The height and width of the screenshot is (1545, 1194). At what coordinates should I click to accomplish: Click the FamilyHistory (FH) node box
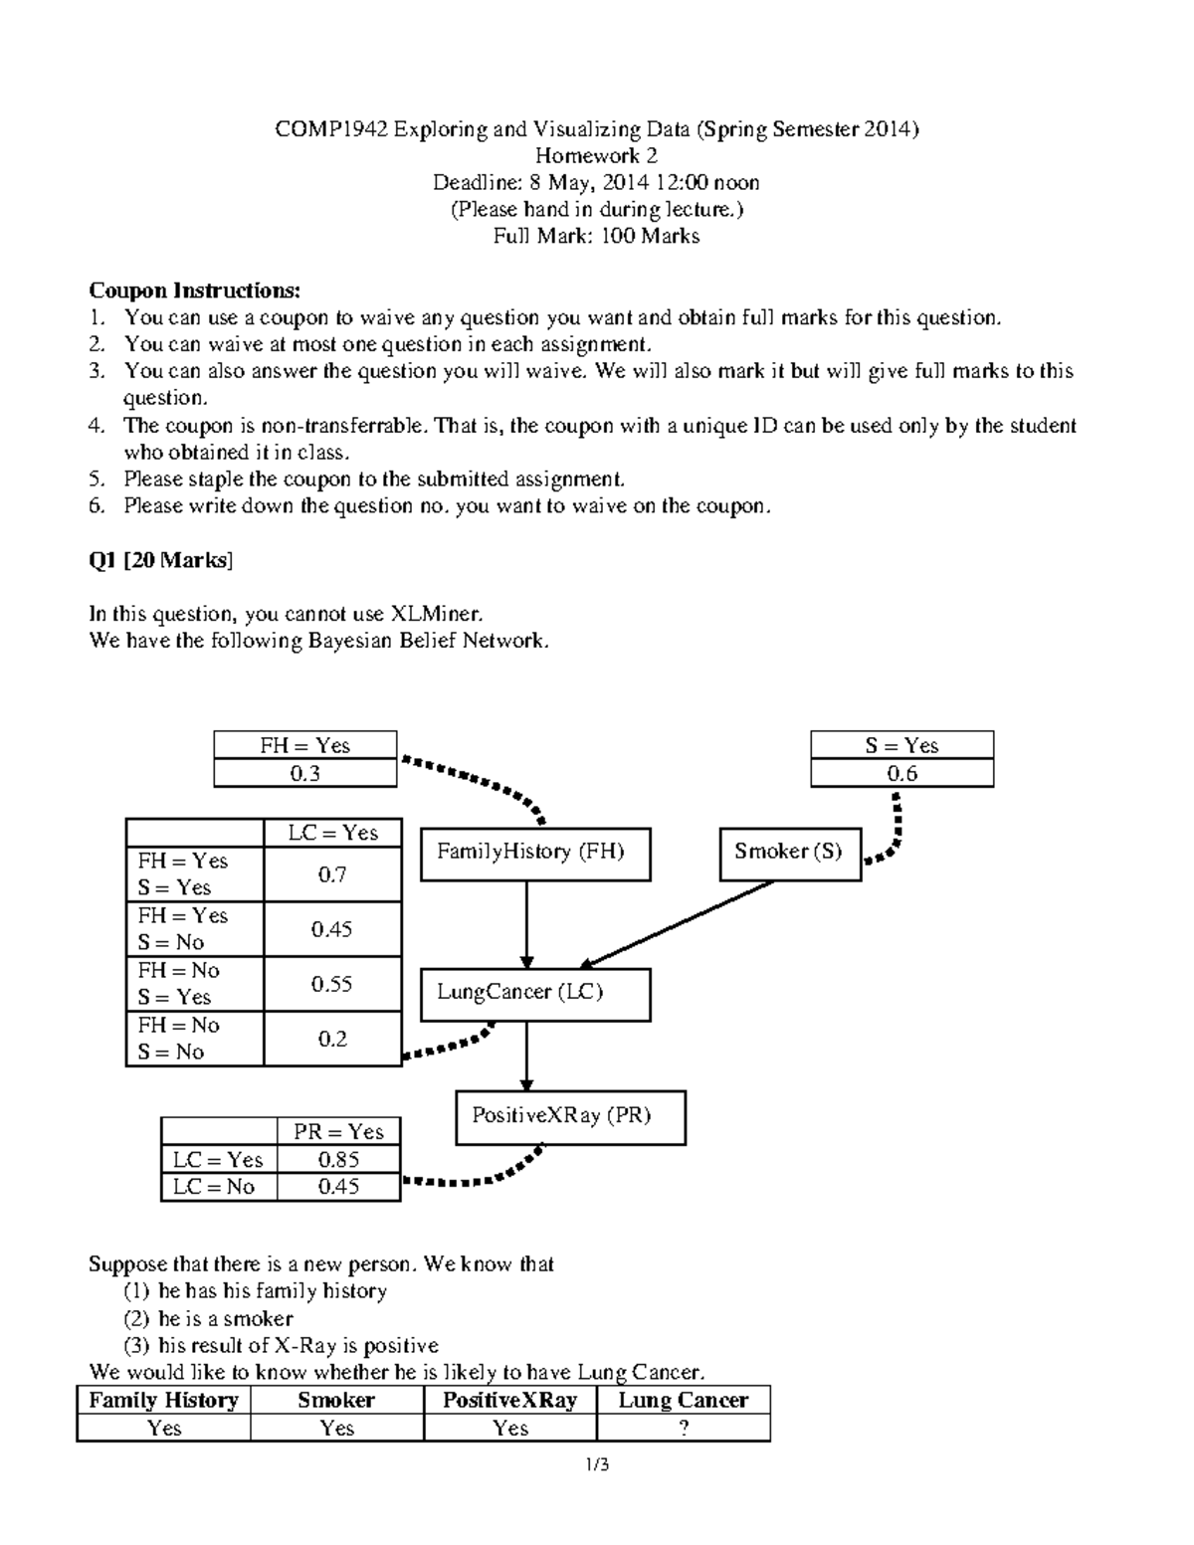point(535,854)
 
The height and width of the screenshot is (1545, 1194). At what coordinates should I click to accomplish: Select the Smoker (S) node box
point(790,854)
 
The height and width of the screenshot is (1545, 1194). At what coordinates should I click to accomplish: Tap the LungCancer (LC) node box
point(535,994)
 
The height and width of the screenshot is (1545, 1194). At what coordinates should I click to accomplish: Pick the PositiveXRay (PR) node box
point(570,1117)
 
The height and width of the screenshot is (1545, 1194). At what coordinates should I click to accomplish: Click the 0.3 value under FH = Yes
point(304,774)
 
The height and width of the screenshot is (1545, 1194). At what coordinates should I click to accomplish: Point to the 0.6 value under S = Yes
point(901,774)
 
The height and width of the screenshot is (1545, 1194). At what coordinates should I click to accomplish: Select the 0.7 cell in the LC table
point(332,874)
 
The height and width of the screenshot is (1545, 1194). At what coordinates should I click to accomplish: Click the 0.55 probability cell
point(332,984)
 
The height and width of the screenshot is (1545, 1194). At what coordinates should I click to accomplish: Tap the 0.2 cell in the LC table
point(332,1039)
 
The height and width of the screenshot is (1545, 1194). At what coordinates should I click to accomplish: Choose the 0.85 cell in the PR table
point(338,1159)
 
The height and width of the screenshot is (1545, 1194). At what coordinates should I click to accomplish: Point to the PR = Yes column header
point(338,1132)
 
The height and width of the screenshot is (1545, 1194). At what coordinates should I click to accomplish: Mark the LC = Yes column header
point(332,833)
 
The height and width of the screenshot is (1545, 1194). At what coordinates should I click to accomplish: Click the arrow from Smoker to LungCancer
point(677,922)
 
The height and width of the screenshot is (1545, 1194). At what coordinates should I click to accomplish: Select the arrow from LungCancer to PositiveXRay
point(526,1057)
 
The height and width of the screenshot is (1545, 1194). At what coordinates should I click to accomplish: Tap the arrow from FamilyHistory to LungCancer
point(526,924)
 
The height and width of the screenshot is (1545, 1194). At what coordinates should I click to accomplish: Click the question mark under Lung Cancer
point(684,1429)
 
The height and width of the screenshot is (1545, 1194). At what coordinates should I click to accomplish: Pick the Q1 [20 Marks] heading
point(160,560)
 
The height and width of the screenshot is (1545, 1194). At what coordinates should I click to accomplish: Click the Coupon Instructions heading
point(194,290)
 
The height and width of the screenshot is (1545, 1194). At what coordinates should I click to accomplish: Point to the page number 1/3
point(598,1464)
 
